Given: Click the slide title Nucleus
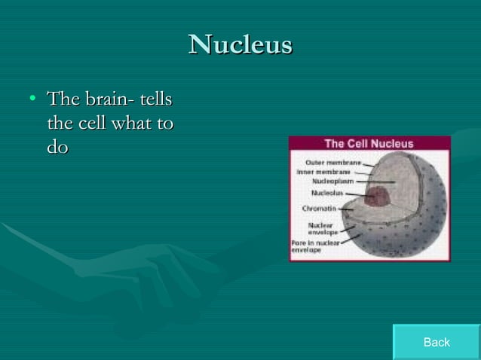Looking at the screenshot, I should click(x=240, y=44).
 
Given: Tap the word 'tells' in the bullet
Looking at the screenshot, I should click(x=158, y=99).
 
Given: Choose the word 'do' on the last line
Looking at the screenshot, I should click(x=57, y=147).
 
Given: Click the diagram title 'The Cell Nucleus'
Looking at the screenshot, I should click(x=369, y=143).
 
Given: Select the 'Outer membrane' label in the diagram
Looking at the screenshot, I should click(x=332, y=162).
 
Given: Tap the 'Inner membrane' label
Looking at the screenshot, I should click(x=323, y=171).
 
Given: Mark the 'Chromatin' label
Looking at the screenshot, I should click(x=319, y=209).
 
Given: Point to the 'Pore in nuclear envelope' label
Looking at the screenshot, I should click(x=315, y=246).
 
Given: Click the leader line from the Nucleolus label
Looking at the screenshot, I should click(x=355, y=194).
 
